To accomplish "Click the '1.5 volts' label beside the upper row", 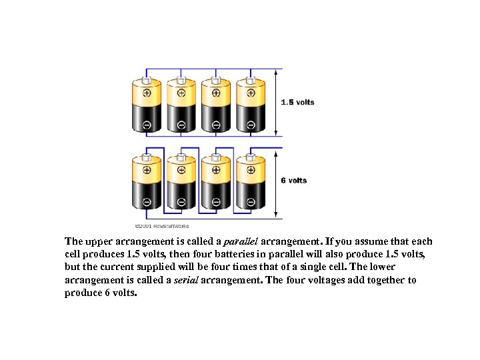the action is [297, 102].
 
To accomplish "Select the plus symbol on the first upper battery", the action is [147, 93].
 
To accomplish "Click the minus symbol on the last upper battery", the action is [251, 125].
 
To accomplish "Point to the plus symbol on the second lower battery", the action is [181, 170].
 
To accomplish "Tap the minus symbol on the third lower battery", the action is [216, 201].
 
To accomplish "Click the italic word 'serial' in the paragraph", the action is [187, 280].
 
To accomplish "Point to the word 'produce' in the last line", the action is [83, 293].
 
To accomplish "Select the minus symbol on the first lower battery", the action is [147, 201].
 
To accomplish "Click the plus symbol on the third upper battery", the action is [216, 93].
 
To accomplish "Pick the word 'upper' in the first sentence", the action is [95, 241].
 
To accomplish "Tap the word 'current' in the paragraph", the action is [121, 267].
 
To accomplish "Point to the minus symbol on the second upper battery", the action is [181, 125].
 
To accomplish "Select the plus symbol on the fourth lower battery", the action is [251, 170].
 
